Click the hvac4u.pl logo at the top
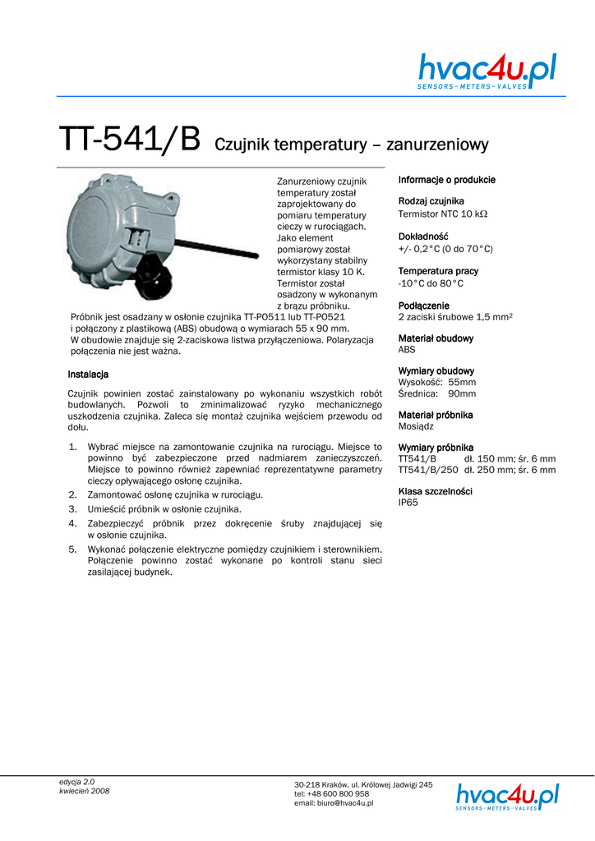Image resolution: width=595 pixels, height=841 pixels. pyautogui.click(x=487, y=71)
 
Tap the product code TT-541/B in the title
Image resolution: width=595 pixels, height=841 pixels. pyautogui.click(x=129, y=140)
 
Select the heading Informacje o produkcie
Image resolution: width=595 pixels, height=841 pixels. pyautogui.click(x=446, y=180)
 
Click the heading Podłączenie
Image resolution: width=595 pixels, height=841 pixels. pyautogui.click(x=423, y=306)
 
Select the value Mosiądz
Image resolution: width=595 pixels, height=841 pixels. pyautogui.click(x=416, y=427)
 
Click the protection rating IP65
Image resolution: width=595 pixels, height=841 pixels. pyautogui.click(x=408, y=502)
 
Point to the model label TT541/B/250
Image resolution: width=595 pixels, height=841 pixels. pyautogui.click(x=427, y=471)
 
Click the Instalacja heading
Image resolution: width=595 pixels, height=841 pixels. pyautogui.click(x=88, y=375)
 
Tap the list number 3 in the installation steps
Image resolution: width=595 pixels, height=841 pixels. pyautogui.click(x=72, y=508)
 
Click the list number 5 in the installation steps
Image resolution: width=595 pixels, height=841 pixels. pyautogui.click(x=72, y=548)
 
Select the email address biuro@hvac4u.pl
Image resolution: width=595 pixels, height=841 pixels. pyautogui.click(x=333, y=803)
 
